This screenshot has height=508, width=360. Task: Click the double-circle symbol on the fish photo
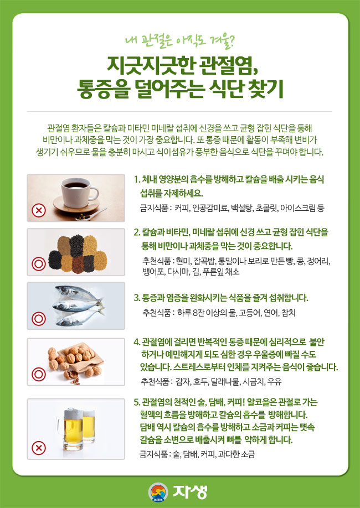coord(39,318)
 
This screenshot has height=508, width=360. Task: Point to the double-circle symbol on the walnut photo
coord(39,375)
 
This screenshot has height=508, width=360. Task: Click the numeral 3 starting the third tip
coord(136,298)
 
